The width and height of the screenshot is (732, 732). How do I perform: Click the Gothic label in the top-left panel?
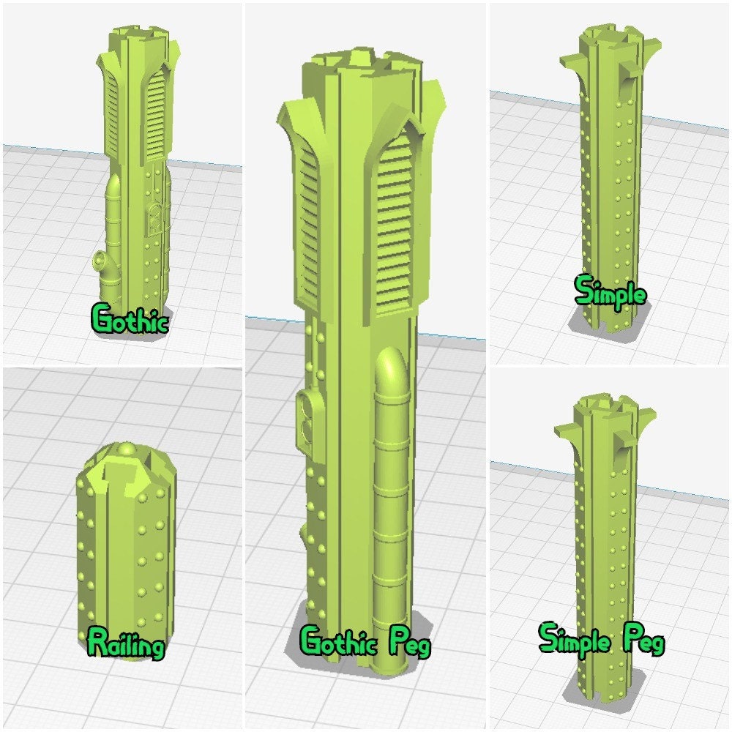click(130, 320)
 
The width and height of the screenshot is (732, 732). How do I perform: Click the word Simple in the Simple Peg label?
click(576, 638)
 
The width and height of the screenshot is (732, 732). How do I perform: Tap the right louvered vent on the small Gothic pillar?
click(157, 117)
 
